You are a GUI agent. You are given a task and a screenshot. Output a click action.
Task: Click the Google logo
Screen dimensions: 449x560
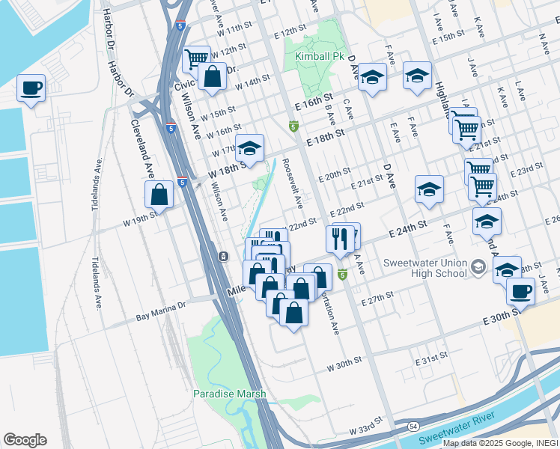(x=25, y=440)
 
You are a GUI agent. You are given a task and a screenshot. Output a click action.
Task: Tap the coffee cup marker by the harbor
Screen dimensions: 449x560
(x=31, y=88)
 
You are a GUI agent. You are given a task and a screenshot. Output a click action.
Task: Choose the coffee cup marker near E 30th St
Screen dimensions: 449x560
(x=520, y=291)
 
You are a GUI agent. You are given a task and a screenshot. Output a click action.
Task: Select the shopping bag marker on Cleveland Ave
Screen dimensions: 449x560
(x=159, y=195)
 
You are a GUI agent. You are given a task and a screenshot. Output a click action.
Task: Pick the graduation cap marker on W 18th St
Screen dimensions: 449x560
(x=250, y=148)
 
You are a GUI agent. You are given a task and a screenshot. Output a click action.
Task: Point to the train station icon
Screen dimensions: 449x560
(x=223, y=257)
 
